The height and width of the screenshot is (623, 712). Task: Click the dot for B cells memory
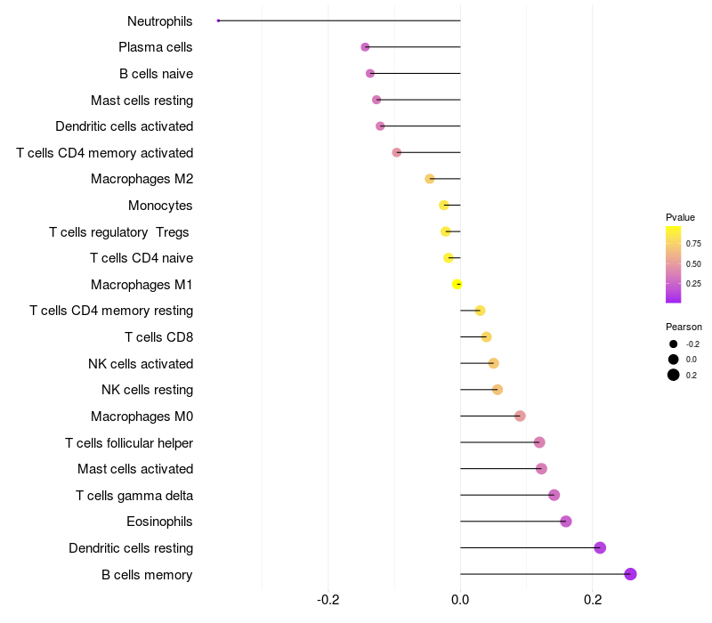click(x=630, y=574)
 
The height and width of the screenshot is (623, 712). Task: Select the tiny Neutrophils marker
click(x=218, y=20)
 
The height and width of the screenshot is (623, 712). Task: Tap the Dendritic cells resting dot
click(x=600, y=547)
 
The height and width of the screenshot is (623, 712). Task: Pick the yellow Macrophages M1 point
click(x=457, y=284)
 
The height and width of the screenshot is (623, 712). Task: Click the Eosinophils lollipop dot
click(x=566, y=522)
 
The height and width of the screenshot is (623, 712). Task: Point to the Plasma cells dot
click(x=365, y=47)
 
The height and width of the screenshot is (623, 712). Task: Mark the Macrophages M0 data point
click(x=520, y=416)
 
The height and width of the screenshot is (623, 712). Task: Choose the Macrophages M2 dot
click(x=430, y=179)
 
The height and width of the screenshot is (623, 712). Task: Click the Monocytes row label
click(x=160, y=206)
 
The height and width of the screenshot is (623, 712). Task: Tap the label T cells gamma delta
click(x=134, y=496)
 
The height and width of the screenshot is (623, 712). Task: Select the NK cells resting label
click(x=147, y=390)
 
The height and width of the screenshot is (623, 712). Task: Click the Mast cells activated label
click(x=135, y=469)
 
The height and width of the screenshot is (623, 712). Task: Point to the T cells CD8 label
click(x=159, y=337)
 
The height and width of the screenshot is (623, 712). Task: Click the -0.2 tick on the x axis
click(x=328, y=600)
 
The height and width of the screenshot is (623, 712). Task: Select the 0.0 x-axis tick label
click(x=460, y=600)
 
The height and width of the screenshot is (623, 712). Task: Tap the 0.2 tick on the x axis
click(x=593, y=600)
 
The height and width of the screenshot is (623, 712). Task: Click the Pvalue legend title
click(x=680, y=217)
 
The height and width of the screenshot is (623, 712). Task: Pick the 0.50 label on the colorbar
click(x=693, y=263)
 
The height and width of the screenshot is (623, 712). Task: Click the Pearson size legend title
click(x=684, y=327)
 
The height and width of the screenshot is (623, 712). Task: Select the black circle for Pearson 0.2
click(x=674, y=375)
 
